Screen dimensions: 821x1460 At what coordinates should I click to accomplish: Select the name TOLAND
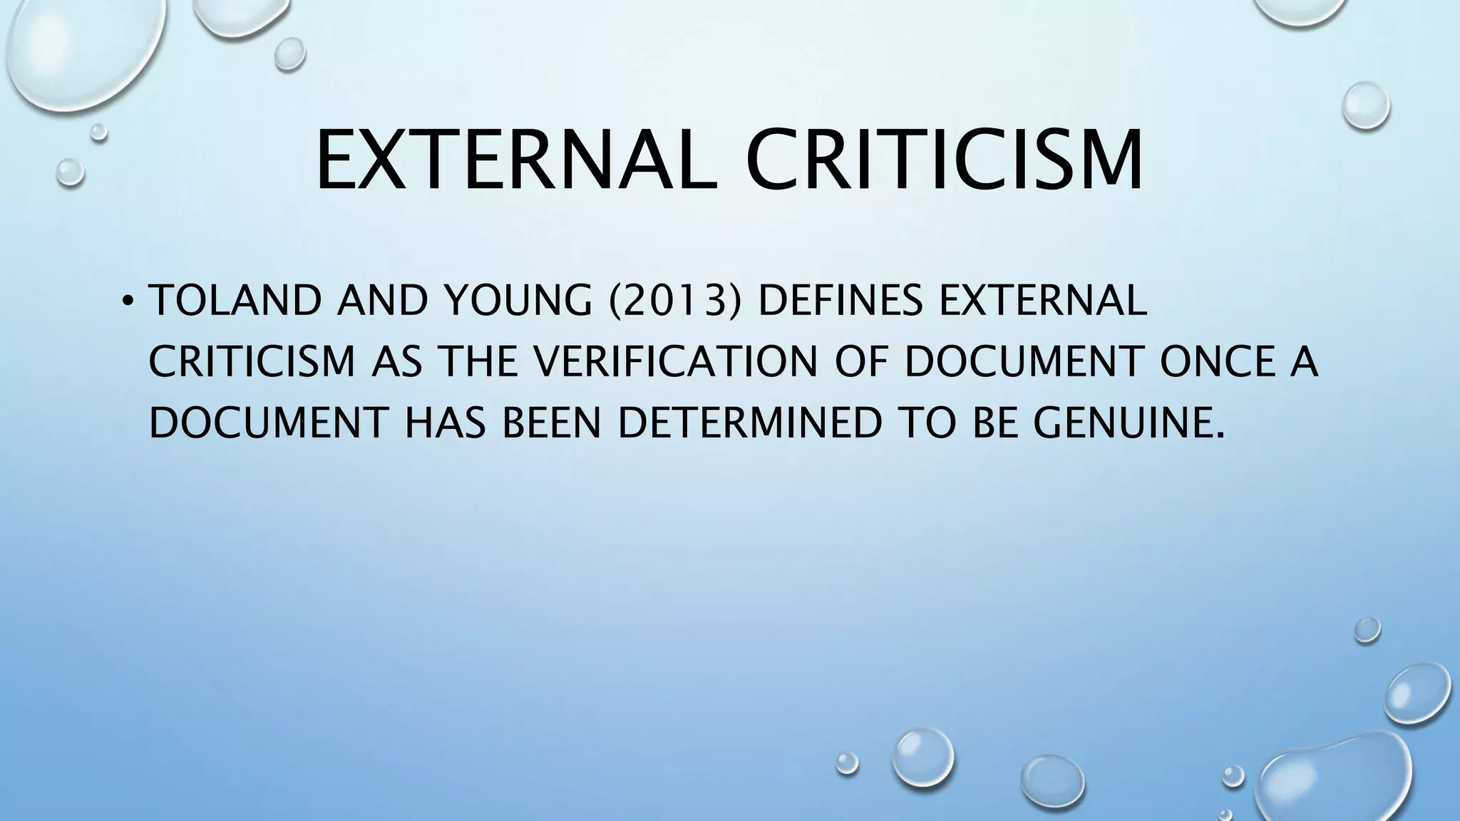click(236, 301)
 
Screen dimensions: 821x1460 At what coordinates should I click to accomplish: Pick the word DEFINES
click(840, 301)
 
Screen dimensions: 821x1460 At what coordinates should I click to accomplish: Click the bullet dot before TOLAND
click(127, 302)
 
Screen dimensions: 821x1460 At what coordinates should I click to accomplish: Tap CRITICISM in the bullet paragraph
click(252, 362)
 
